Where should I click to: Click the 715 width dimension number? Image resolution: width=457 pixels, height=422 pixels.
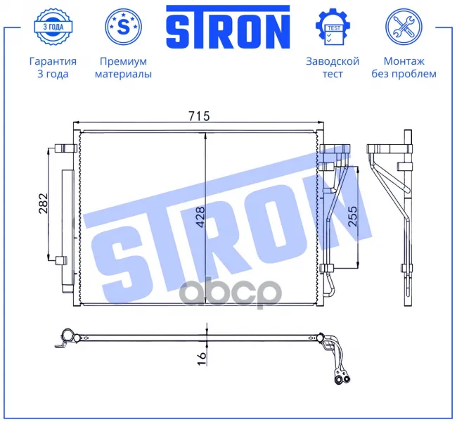point(199,116)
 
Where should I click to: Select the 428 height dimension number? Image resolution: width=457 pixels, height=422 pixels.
point(200,217)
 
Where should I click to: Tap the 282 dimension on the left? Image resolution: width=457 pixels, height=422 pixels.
point(43,203)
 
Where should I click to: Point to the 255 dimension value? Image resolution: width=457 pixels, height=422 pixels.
point(352,216)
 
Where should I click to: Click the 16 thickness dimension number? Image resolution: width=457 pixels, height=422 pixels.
point(201,359)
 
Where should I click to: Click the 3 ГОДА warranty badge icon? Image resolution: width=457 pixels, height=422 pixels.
point(53,27)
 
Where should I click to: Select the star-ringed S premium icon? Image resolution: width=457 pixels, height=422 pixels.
point(123,27)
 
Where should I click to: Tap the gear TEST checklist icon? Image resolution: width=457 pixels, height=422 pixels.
point(333,27)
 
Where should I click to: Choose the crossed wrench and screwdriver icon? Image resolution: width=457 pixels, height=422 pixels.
point(404,27)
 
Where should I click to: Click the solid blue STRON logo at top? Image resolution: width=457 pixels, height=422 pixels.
point(228,27)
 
